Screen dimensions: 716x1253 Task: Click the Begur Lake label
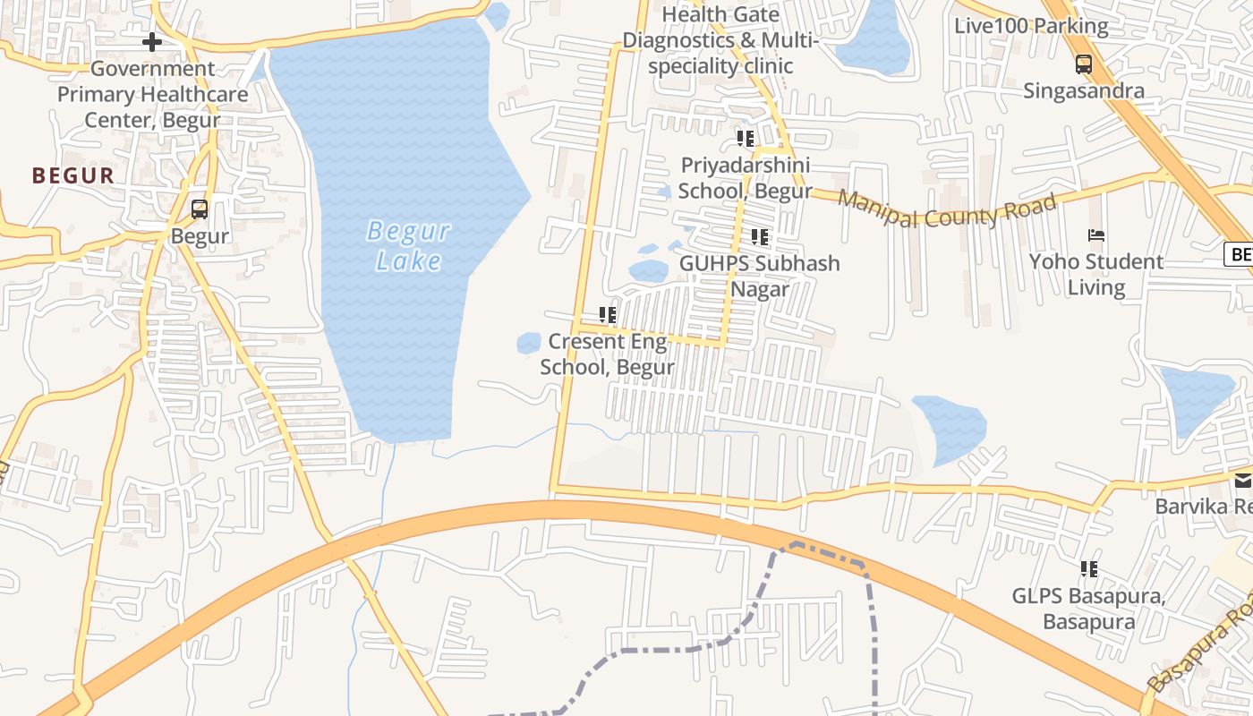tap(408, 246)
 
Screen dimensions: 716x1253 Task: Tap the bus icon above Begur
tap(200, 209)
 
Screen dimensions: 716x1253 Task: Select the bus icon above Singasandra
tap(1084, 64)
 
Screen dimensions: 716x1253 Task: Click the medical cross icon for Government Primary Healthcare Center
tap(152, 41)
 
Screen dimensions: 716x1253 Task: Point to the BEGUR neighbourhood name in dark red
tap(73, 175)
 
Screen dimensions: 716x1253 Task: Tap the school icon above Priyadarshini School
tap(746, 139)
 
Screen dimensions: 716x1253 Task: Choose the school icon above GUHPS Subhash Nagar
tap(760, 237)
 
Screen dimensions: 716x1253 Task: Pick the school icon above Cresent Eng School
tap(608, 315)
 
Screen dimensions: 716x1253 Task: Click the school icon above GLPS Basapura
tap(1089, 569)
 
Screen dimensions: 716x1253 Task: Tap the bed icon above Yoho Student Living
tap(1096, 235)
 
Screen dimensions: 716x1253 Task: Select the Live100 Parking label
tap(1031, 26)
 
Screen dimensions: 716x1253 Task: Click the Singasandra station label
tap(1084, 90)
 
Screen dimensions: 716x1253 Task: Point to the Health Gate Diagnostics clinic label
tap(720, 40)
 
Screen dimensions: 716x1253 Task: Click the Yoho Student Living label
tap(1096, 274)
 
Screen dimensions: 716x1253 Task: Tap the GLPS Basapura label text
tap(1088, 609)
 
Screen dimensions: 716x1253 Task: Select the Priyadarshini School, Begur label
tap(745, 178)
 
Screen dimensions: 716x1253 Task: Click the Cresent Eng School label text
tap(608, 354)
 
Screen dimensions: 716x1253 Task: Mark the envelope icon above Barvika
tap(1243, 482)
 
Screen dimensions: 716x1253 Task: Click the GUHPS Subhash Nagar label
tap(760, 276)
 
